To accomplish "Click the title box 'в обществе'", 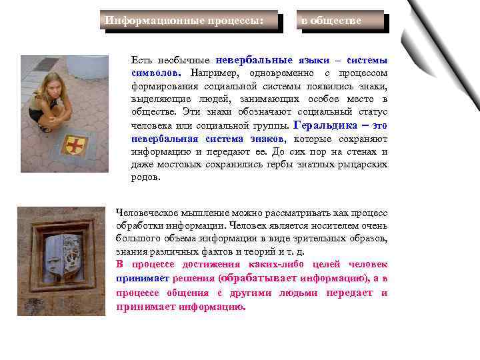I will (341, 21).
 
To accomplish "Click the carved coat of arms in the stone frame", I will (62, 252).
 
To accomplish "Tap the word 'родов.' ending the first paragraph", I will (146, 178).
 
